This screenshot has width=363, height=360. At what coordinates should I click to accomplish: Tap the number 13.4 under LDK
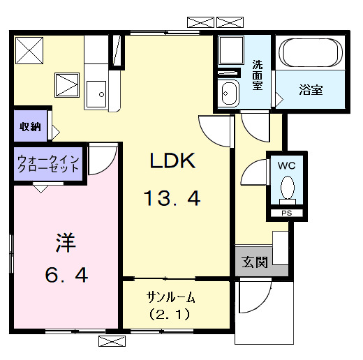coord(172,199)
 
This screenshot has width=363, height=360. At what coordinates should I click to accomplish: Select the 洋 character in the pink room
coord(66,243)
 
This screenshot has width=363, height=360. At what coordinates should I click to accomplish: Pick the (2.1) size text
coord(170,314)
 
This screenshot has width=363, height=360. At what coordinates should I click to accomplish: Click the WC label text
coord(287,166)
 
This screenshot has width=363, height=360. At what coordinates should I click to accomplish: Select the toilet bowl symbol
coord(287,188)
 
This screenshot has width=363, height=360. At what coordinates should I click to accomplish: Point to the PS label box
coord(287,212)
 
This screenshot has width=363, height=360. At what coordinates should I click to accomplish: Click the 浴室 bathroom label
coord(311,89)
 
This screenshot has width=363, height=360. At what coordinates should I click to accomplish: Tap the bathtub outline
coord(309,52)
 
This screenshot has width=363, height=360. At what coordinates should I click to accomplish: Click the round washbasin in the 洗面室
coord(228,91)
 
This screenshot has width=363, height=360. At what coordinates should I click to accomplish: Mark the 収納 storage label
coord(29,127)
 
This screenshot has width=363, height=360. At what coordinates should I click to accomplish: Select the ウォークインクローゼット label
coord(49,165)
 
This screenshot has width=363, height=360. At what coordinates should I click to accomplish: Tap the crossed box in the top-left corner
coord(30,50)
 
